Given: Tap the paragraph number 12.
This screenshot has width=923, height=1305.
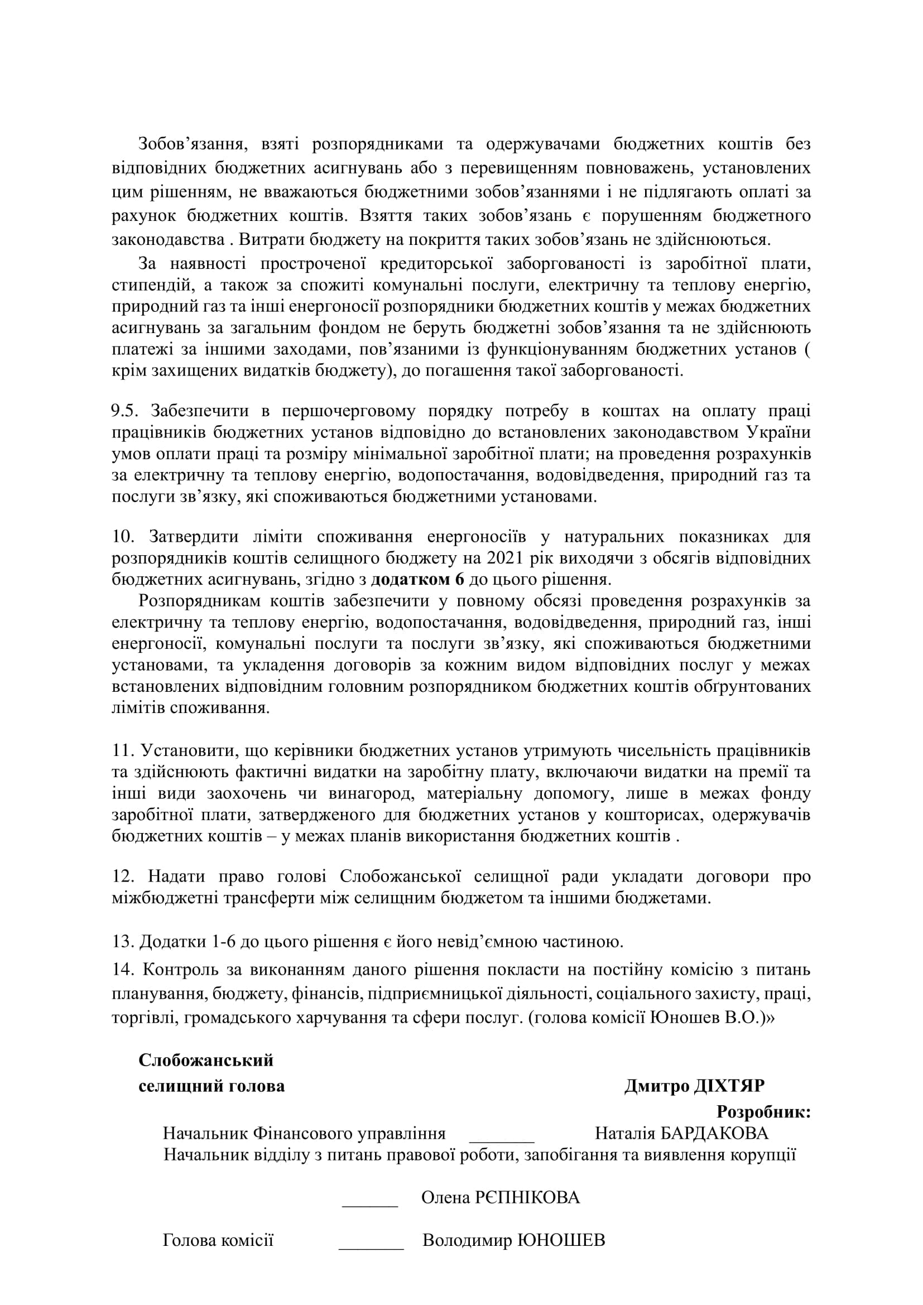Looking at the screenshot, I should coord(123,877).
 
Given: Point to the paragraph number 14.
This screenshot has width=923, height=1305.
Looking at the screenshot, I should coord(123,969).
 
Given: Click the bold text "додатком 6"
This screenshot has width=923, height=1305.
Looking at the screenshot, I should coord(418,580).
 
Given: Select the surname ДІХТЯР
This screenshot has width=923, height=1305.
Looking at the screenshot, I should coord(729,1086).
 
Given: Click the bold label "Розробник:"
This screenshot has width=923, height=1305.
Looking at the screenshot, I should coord(763,1111).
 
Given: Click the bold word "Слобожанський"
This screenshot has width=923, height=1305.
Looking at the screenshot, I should coord(206,1060).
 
